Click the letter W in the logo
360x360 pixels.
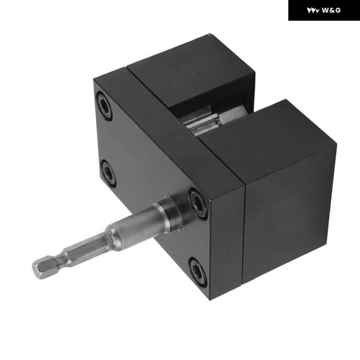coord(325,10)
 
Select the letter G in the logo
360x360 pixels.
coord(338,10)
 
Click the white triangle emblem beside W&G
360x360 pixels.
coord(313,11)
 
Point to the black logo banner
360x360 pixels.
coord(324,10)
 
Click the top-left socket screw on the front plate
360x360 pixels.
coord(104,106)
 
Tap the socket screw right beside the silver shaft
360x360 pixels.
coord(197,203)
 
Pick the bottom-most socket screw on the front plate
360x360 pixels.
coord(197,272)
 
